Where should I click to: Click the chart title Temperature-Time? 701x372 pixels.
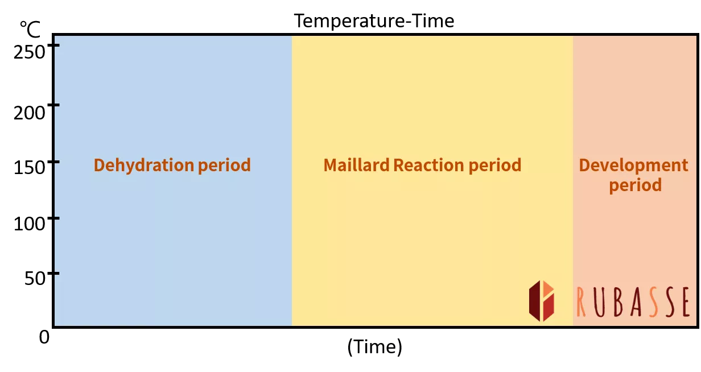(374, 21)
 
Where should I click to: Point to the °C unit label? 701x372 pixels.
(30, 30)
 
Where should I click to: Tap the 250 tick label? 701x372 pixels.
(29, 52)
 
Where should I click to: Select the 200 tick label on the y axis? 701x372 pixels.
(29, 113)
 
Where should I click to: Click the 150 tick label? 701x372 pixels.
(29, 167)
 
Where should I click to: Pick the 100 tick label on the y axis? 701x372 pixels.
(29, 224)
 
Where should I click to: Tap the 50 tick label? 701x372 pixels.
(35, 278)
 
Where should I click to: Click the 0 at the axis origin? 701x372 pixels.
(44, 337)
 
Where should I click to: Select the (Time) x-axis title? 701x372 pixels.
(374, 346)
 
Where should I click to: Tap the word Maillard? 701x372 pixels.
(356, 165)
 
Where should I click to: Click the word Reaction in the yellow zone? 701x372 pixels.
(428, 165)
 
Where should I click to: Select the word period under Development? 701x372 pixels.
(635, 185)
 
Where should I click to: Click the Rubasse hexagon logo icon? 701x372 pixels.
(542, 301)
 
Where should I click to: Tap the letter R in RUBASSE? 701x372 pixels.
(581, 302)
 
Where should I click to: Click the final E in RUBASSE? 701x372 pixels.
(685, 302)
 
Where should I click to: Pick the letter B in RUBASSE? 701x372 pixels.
(618, 302)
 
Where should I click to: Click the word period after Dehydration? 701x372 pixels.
(224, 166)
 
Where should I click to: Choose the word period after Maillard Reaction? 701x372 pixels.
(495, 166)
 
